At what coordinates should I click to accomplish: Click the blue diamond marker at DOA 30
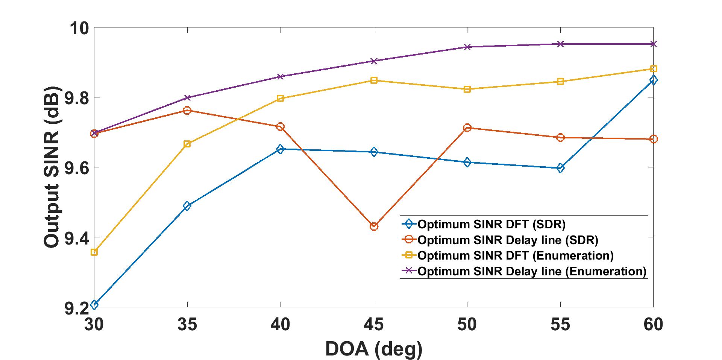tap(94, 304)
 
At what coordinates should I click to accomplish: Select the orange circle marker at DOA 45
tap(374, 226)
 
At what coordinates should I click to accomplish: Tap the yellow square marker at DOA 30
tap(94, 252)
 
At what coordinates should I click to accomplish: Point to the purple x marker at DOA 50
tap(467, 47)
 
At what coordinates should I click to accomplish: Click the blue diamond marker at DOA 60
tap(654, 80)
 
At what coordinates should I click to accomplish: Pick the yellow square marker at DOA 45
tap(374, 81)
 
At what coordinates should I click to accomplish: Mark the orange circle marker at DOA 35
tap(187, 111)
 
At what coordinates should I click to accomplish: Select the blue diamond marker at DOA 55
tap(560, 168)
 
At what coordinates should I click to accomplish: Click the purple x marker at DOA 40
tap(281, 77)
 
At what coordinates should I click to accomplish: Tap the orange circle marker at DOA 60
tap(654, 139)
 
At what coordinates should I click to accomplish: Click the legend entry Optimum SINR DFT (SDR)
tap(491, 225)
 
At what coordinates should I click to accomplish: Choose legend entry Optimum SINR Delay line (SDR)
tap(508, 240)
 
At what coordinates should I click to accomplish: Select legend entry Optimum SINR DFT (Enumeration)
tap(516, 256)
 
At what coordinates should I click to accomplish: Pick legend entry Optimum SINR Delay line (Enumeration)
tap(532, 272)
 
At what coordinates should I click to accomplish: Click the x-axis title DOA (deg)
tap(374, 349)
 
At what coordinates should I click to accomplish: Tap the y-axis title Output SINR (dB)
tap(52, 167)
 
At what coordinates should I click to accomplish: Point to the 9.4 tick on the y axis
tap(77, 237)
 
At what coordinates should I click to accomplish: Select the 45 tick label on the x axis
tap(374, 324)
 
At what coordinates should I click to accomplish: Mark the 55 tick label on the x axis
tap(560, 324)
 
